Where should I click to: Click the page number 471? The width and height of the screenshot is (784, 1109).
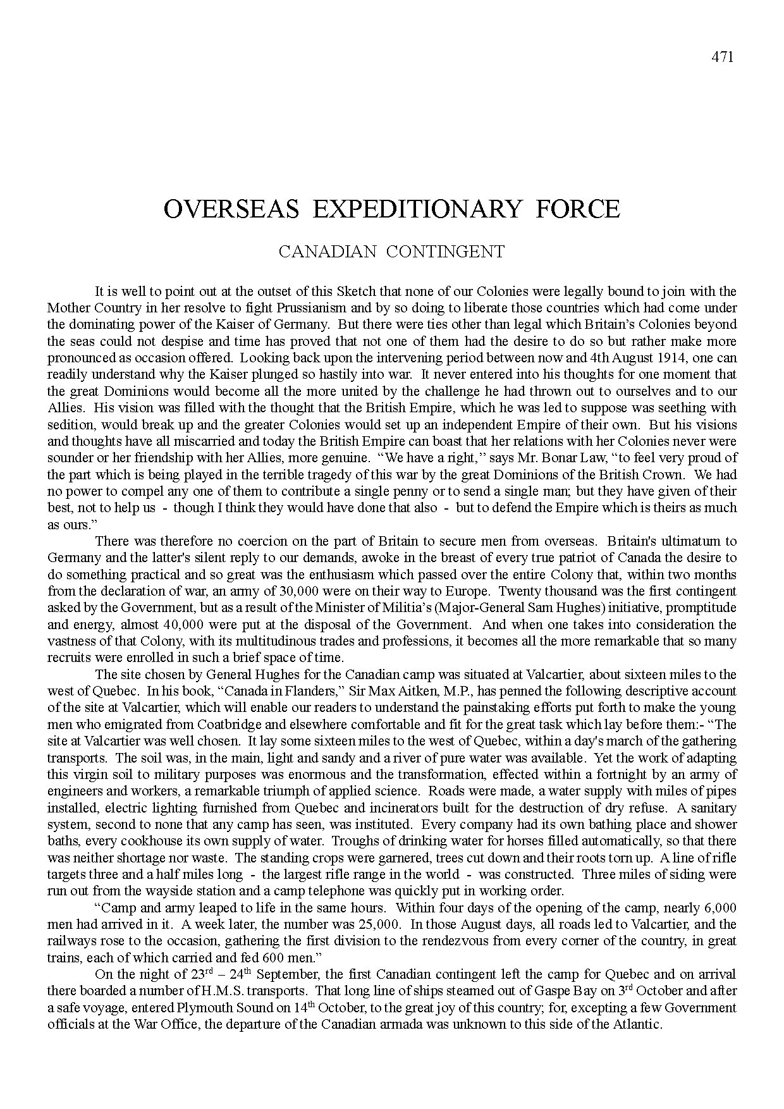[722, 57]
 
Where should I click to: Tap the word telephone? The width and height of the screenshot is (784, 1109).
[405, 891]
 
